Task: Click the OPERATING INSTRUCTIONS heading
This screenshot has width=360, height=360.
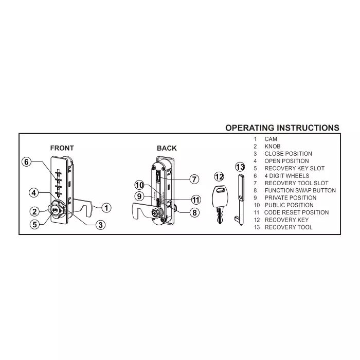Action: (282, 128)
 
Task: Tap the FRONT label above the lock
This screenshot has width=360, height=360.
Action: (62, 148)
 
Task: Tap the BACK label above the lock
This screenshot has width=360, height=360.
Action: (167, 148)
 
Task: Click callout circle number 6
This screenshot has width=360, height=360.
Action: (28, 162)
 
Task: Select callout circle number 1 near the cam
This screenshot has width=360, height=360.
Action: (105, 208)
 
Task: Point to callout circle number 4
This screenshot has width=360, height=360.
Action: (34, 193)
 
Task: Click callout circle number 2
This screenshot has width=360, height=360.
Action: (34, 211)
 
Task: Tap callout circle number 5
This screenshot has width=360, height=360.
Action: (34, 224)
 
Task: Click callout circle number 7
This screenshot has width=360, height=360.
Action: (194, 179)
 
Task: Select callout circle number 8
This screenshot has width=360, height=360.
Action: (194, 212)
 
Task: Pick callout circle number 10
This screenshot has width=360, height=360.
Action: (139, 185)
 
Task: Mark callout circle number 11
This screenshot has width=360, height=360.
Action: (195, 200)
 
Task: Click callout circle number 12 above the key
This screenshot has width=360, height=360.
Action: (219, 177)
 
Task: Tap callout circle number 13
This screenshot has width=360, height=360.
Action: (240, 167)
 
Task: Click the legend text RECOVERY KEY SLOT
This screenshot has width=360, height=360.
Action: (294, 168)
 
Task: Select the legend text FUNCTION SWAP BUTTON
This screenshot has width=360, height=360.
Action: (300, 190)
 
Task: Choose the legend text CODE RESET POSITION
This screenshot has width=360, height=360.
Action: (296, 212)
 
